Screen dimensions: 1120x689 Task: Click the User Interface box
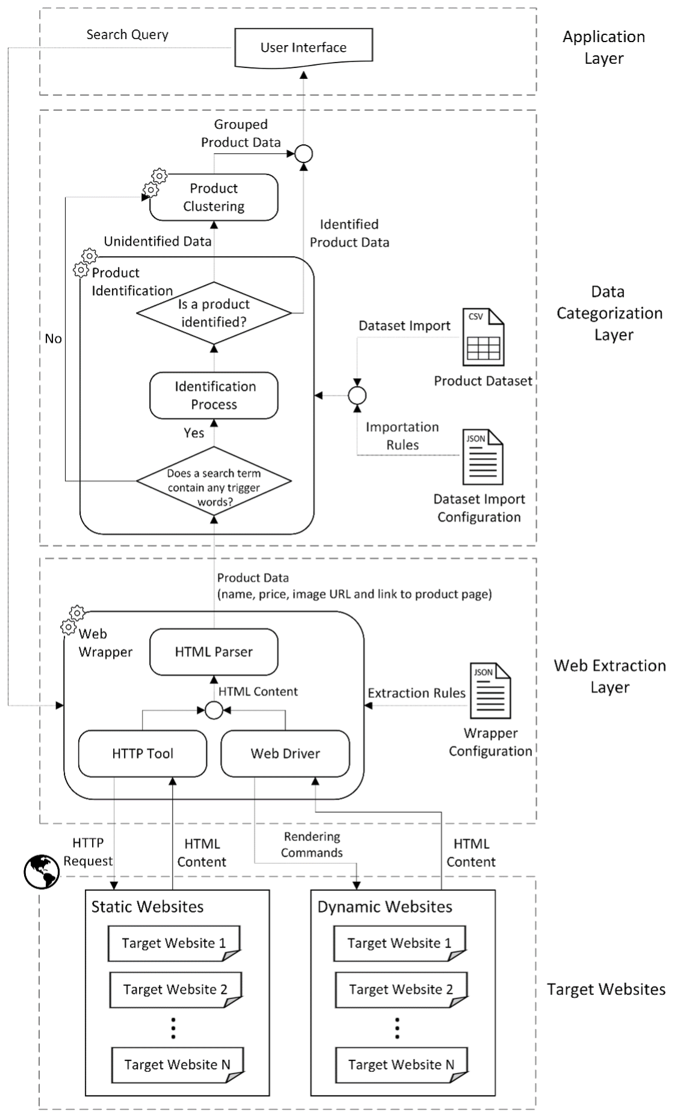(303, 47)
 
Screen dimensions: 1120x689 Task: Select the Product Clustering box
(214, 197)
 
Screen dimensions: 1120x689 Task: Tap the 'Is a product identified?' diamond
(214, 313)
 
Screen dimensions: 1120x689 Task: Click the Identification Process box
(214, 395)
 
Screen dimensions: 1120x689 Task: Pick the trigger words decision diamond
(214, 480)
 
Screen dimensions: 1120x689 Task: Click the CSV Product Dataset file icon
(483, 337)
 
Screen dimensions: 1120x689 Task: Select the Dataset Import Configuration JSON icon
(483, 457)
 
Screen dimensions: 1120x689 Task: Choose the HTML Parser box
(214, 652)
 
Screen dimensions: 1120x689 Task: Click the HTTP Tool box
(143, 753)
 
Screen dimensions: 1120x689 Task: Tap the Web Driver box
(285, 753)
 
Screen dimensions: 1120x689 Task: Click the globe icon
(42, 872)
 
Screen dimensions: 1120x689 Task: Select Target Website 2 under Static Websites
(175, 990)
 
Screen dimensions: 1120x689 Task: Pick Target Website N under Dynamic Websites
(401, 1065)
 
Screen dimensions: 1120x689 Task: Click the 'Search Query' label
(127, 34)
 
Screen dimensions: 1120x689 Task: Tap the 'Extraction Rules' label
(416, 693)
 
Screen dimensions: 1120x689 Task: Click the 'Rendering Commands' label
(312, 845)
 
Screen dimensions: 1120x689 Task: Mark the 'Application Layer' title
(604, 47)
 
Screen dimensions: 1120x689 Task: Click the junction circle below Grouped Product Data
(303, 154)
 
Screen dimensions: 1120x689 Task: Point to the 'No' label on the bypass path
(54, 338)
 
